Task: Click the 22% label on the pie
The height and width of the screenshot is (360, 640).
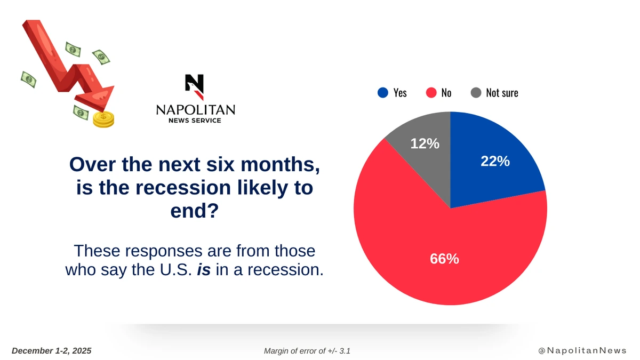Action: click(x=495, y=161)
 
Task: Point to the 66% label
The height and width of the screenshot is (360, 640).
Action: click(x=444, y=259)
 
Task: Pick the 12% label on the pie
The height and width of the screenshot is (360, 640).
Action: click(x=425, y=143)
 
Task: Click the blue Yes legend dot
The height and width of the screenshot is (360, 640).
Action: click(x=382, y=93)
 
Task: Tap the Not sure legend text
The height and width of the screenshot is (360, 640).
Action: click(x=502, y=93)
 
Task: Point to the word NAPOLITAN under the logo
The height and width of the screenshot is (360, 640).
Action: click(x=195, y=110)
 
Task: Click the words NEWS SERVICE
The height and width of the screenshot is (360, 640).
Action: click(x=195, y=121)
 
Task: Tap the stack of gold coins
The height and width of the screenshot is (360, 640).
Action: click(x=103, y=119)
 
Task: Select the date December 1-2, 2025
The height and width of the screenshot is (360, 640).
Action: click(x=51, y=350)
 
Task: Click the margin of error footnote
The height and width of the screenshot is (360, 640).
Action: click(x=307, y=351)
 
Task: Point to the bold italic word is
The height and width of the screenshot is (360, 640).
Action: click(x=203, y=269)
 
